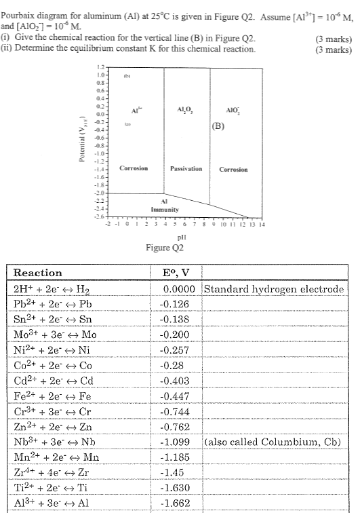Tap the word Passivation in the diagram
[x=184, y=168]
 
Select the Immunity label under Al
[x=164, y=209]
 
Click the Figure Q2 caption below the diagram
[x=165, y=248]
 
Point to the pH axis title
[x=180, y=237]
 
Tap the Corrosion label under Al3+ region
[x=134, y=168]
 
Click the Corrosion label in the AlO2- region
[x=233, y=169]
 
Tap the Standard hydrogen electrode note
[x=273, y=289]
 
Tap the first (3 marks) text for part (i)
[x=334, y=38]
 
